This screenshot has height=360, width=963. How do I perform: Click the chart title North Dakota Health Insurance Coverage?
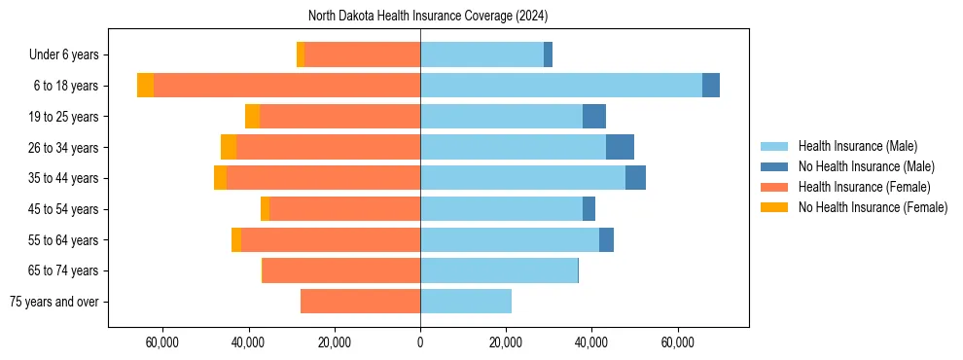pos(428,16)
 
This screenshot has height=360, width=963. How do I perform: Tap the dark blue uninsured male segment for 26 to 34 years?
pos(620,147)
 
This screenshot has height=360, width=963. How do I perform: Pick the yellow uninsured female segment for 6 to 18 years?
pos(145,86)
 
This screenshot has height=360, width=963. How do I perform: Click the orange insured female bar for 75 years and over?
pos(360,302)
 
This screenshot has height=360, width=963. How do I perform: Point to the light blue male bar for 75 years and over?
pos(466,302)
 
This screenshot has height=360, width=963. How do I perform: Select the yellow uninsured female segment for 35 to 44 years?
pos(220,178)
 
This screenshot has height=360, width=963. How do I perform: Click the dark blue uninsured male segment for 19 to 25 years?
pos(594,117)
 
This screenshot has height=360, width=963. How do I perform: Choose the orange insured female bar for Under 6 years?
pos(362,54)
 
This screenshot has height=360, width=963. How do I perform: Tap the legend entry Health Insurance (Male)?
pos(857,146)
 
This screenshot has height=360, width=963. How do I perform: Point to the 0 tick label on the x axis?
pos(420,342)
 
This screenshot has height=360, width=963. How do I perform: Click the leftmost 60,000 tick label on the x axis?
pos(162,342)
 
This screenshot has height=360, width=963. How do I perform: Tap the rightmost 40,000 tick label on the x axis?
pos(591,342)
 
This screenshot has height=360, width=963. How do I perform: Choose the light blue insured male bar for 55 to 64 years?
pos(510,239)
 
